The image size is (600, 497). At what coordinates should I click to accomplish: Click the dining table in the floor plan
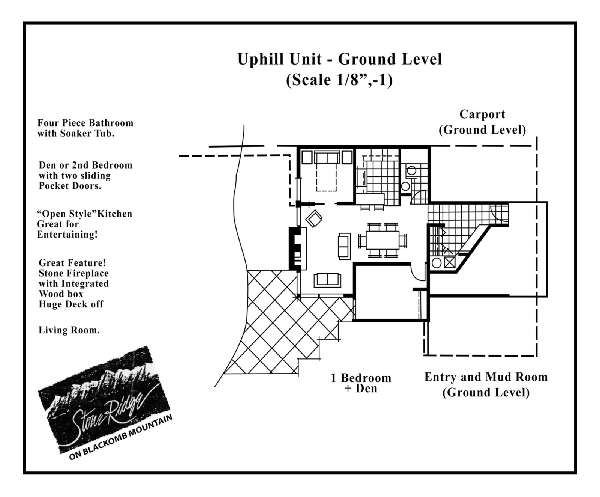point(382,240)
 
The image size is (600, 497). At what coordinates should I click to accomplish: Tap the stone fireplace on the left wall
point(295,248)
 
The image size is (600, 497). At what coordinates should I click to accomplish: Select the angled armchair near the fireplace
point(314,218)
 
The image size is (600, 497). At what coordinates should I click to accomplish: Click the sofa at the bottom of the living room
point(327,280)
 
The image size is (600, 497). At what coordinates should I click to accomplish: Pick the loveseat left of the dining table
point(344,246)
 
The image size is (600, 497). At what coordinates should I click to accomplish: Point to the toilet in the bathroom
point(411,171)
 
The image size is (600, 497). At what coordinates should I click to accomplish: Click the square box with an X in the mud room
point(449,262)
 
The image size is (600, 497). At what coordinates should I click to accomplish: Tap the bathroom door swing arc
point(419,197)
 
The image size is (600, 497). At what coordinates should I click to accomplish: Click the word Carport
point(482,114)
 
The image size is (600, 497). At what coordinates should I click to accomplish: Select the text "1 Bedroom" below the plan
point(361,378)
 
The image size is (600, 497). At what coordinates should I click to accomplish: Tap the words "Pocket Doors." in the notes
point(70,186)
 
